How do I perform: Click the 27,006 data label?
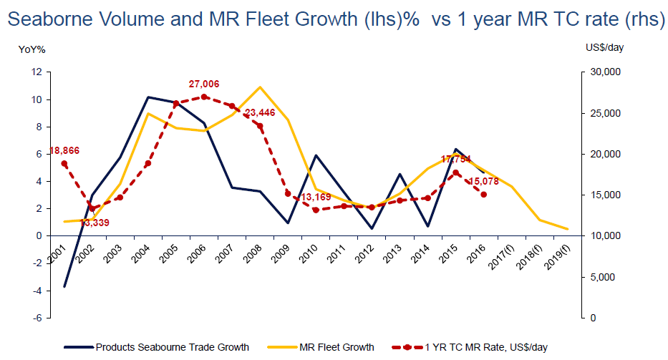204,84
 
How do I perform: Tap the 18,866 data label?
64,151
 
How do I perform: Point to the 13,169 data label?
316,198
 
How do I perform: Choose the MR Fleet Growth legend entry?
334,347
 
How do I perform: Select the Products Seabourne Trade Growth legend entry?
172,347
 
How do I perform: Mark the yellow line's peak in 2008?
261,87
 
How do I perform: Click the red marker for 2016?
484,194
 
